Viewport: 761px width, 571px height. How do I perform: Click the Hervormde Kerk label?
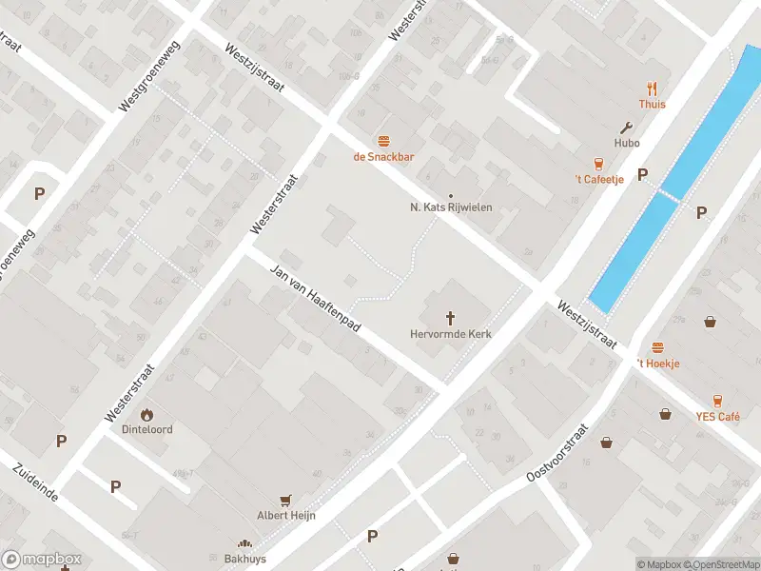(449, 334)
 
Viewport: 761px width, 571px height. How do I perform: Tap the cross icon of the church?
(449, 318)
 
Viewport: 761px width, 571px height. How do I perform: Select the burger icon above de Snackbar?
(384, 141)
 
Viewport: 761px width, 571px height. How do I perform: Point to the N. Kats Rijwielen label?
(451, 207)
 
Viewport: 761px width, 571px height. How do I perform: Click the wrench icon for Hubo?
(626, 127)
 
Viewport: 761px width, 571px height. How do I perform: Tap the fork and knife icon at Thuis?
(653, 88)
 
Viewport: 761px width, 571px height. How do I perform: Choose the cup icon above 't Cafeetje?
(598, 163)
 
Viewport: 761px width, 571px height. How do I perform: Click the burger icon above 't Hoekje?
(657, 347)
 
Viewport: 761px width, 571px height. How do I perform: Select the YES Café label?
(717, 417)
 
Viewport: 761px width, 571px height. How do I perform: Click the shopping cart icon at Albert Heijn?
(285, 500)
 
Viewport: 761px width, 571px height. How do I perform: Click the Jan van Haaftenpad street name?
(317, 298)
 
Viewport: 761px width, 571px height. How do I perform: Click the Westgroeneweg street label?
(150, 85)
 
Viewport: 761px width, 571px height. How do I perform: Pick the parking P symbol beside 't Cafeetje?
(642, 174)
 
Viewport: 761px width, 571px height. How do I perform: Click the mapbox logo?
(42, 560)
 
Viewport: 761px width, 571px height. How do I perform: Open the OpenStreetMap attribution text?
(724, 564)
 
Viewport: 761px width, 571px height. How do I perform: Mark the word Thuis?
(653, 105)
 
